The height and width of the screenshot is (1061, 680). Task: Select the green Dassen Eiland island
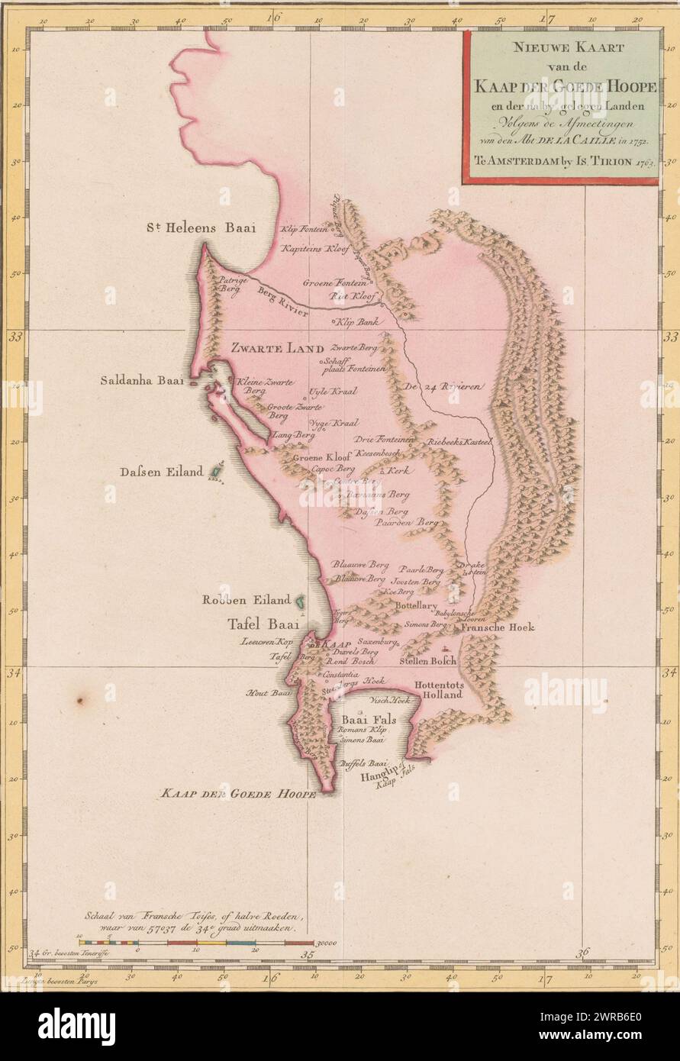point(216,472)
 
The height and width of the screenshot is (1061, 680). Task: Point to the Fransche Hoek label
point(498,627)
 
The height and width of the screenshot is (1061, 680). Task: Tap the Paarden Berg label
point(414,523)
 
